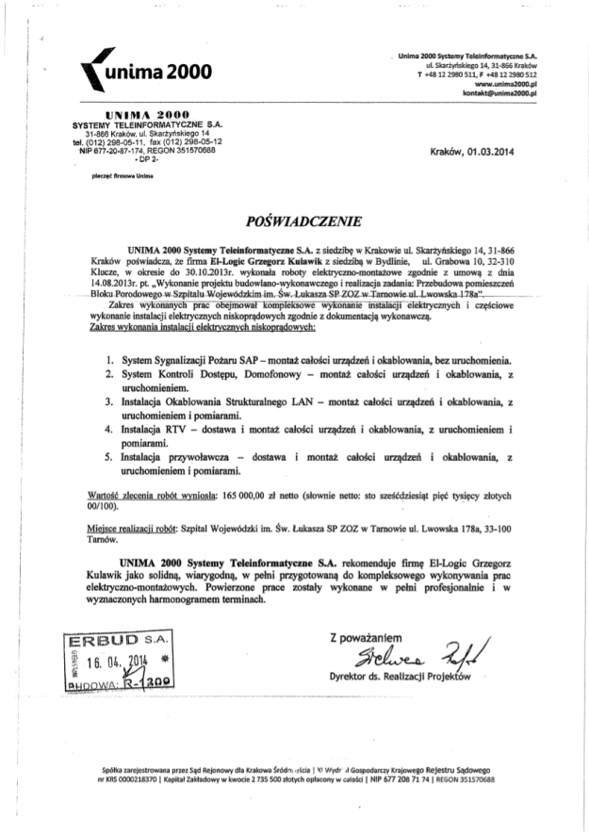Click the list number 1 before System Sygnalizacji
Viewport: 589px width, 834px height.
(x=110, y=359)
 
